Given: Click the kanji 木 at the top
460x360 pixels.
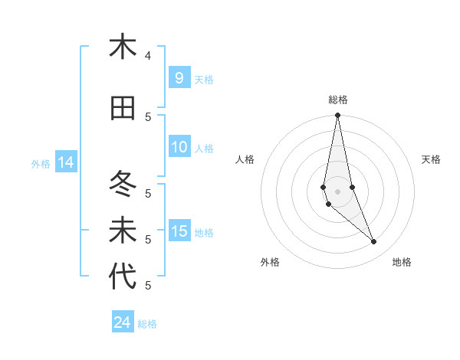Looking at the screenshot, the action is click(123, 47).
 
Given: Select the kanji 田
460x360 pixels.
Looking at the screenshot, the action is click(123, 108).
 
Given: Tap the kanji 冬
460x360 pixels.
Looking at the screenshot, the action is click(123, 184).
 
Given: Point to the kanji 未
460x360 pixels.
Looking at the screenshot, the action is click(123, 231).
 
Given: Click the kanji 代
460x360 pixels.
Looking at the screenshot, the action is click(123, 277).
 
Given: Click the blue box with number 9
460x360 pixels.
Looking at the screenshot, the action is click(179, 78).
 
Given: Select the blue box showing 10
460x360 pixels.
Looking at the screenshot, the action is click(179, 147).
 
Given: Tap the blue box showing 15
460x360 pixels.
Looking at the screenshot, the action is click(179, 231).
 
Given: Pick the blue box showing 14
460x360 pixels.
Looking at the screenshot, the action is click(65, 162).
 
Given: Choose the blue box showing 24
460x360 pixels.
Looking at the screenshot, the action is click(123, 322).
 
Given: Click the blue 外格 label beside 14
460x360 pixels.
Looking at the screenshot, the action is click(41, 163).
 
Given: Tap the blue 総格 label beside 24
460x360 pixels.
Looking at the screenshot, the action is click(147, 324).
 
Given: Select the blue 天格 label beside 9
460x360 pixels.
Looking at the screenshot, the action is click(204, 79).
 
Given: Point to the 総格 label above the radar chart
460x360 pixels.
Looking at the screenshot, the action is click(338, 100).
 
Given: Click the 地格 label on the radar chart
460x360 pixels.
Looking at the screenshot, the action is click(402, 262).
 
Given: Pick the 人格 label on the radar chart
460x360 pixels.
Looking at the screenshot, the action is click(245, 159).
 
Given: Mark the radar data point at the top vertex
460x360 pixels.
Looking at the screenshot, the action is click(337, 116).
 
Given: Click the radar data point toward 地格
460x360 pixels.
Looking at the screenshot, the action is click(374, 242).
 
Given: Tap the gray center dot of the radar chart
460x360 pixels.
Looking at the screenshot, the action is click(337, 191).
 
